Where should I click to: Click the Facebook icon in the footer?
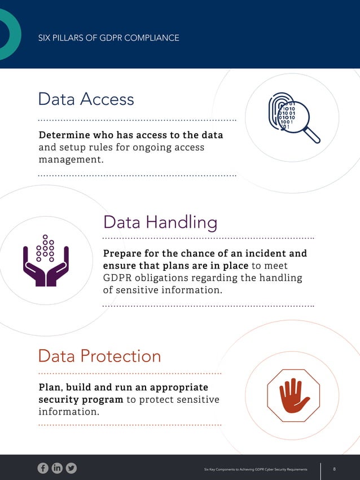point(43,468)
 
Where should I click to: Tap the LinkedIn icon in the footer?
point(57,468)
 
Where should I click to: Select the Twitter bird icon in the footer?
point(71,468)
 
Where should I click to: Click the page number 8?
point(335,469)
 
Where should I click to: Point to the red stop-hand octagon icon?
point(293,395)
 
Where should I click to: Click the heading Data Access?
point(86,99)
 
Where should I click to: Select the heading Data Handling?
point(160,222)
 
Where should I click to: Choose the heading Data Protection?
point(99,356)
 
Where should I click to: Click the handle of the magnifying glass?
point(311,135)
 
